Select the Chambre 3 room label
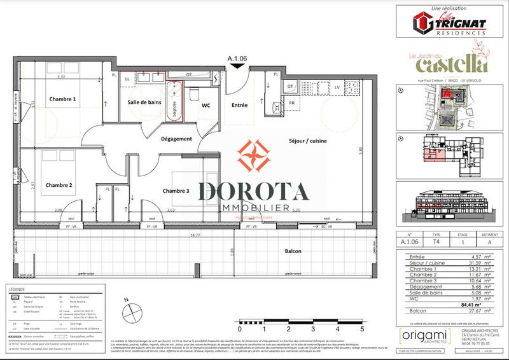point(176,191)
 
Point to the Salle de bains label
point(144,102)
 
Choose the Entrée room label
point(240,105)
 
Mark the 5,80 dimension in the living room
point(360,150)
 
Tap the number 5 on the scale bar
point(362,330)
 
